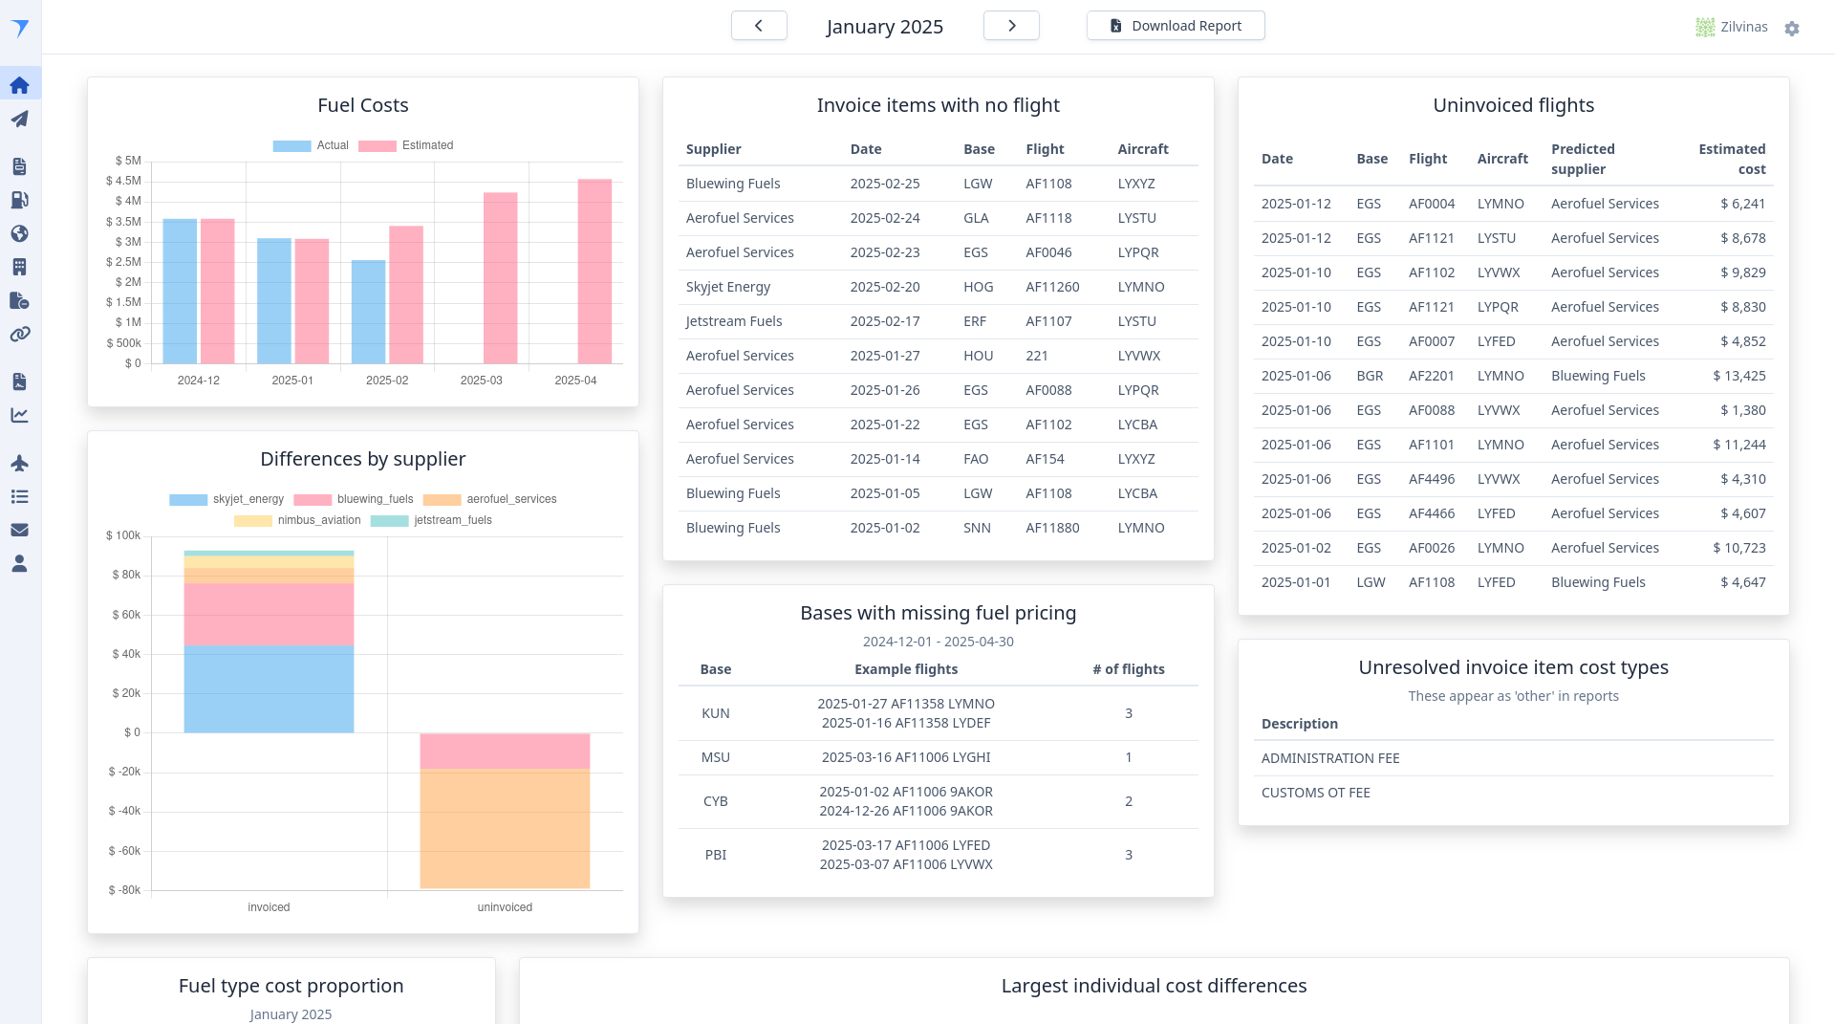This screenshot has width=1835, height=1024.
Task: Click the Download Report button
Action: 1176,26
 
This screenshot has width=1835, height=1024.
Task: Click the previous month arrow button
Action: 759,26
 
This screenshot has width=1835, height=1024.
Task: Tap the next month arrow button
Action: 1011,26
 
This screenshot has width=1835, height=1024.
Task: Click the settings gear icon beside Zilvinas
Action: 1792,29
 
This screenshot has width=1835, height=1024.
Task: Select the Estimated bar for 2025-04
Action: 594,272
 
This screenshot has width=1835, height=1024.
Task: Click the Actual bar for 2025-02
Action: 368,312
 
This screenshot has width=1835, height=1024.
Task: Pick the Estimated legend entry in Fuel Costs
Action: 406,145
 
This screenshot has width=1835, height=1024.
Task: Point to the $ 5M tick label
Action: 128,161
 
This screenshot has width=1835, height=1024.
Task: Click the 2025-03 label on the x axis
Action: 481,381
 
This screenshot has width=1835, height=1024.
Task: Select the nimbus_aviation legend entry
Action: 298,520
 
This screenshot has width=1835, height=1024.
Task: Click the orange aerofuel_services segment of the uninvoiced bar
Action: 505,828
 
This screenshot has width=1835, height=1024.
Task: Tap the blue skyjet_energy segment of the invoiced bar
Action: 269,689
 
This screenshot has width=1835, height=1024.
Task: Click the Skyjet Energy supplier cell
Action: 728,287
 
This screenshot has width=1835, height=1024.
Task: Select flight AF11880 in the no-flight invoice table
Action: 1052,528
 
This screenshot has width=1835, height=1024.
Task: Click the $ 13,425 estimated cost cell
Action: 1738,376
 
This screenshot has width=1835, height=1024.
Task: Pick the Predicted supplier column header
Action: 1583,159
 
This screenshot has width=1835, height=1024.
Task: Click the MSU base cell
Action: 715,757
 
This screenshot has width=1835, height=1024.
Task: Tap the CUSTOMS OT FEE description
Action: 1315,793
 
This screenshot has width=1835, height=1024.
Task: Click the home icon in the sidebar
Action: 19,85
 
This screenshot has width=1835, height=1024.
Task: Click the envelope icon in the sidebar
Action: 19,530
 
